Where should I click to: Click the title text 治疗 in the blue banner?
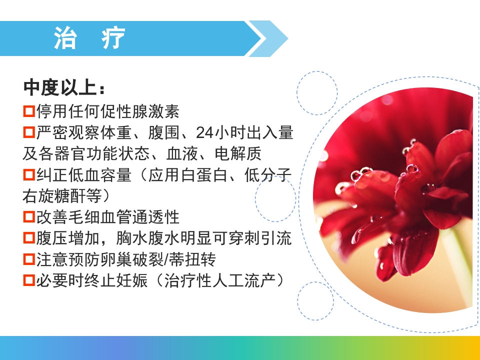[x=89, y=38]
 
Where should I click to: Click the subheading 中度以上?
[x=58, y=88]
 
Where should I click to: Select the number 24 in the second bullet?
[x=204, y=132]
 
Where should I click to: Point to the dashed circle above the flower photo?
[x=317, y=93]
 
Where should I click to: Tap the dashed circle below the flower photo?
[x=315, y=301]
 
